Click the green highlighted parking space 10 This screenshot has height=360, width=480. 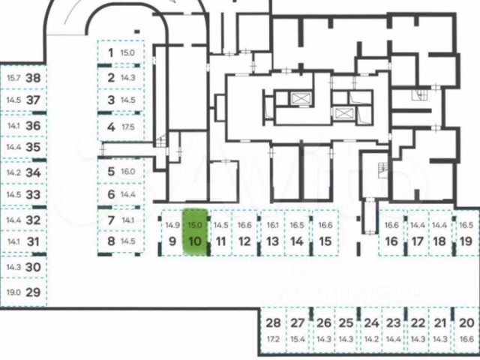click(195, 232)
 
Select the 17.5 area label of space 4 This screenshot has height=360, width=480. click(127, 127)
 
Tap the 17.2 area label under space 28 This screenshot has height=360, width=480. click(273, 340)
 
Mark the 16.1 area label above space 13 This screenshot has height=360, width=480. click(272, 225)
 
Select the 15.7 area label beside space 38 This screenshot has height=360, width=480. click(13, 77)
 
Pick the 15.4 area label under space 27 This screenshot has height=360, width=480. click(298, 340)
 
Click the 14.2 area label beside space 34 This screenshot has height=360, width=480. click(13, 172)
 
